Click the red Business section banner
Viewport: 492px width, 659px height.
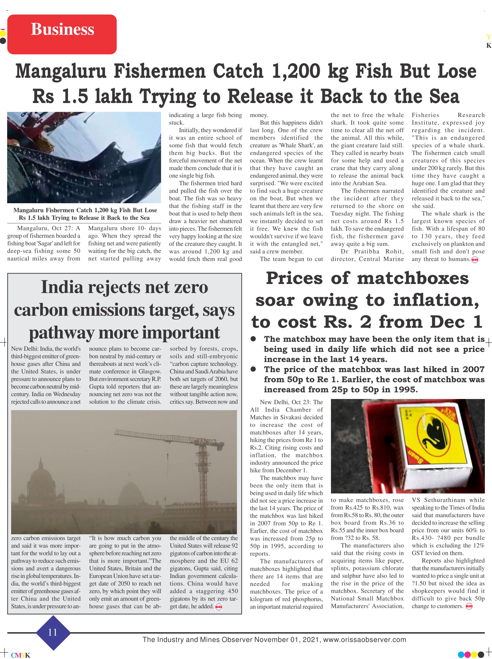click(62, 34)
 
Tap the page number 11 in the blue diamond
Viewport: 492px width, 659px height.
click(53, 632)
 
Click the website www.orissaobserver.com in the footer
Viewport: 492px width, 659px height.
click(365, 639)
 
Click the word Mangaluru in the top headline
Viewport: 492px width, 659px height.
click(61, 71)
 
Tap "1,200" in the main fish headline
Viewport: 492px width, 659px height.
click(296, 71)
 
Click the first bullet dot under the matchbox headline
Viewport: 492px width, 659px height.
click(254, 339)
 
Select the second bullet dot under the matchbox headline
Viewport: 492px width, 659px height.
click(254, 369)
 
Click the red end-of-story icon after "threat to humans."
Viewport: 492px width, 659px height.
click(475, 260)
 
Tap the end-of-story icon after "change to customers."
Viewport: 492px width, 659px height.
click(469, 606)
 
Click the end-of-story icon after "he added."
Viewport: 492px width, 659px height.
click(219, 606)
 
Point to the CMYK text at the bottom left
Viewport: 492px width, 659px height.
click(21, 655)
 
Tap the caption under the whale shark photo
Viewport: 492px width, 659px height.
click(85, 214)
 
